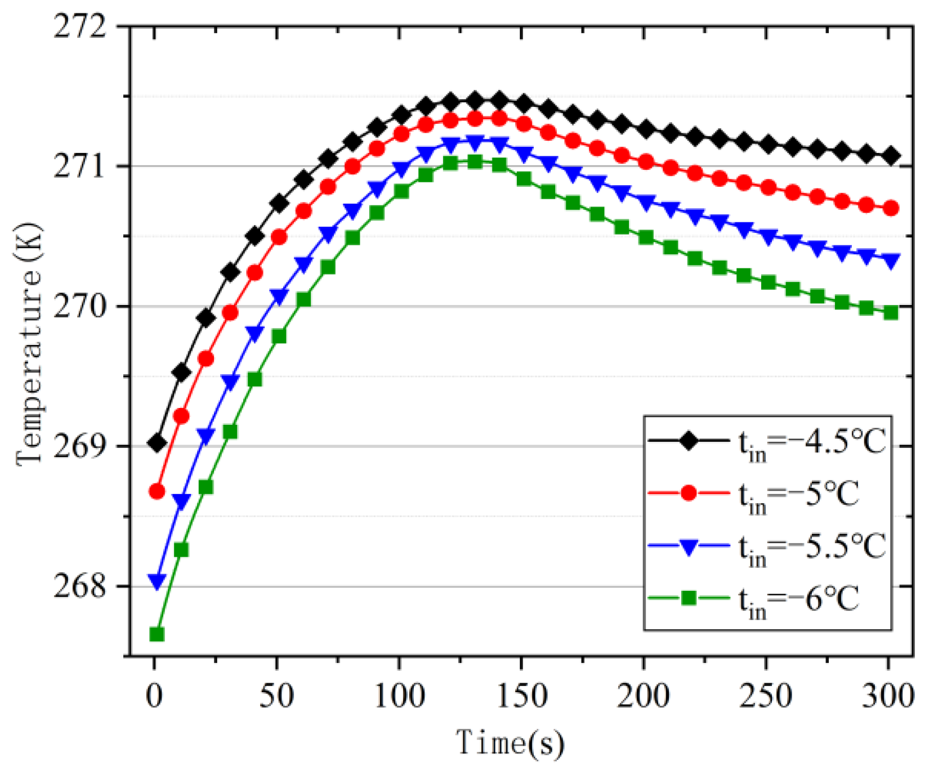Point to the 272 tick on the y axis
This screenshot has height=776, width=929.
(x=80, y=26)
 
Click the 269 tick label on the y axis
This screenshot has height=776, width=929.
(x=80, y=447)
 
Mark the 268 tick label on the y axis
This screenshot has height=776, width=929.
(x=80, y=587)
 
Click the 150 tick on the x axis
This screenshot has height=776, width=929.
(x=522, y=696)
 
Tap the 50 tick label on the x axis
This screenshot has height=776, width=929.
(x=276, y=696)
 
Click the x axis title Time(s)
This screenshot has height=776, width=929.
(x=510, y=743)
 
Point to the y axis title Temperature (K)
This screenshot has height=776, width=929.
(x=29, y=343)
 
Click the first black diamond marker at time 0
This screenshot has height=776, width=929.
(x=157, y=443)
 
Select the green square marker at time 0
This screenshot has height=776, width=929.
(x=157, y=635)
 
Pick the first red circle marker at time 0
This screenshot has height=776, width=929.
(x=157, y=491)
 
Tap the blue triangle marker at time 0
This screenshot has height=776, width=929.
(x=157, y=580)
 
